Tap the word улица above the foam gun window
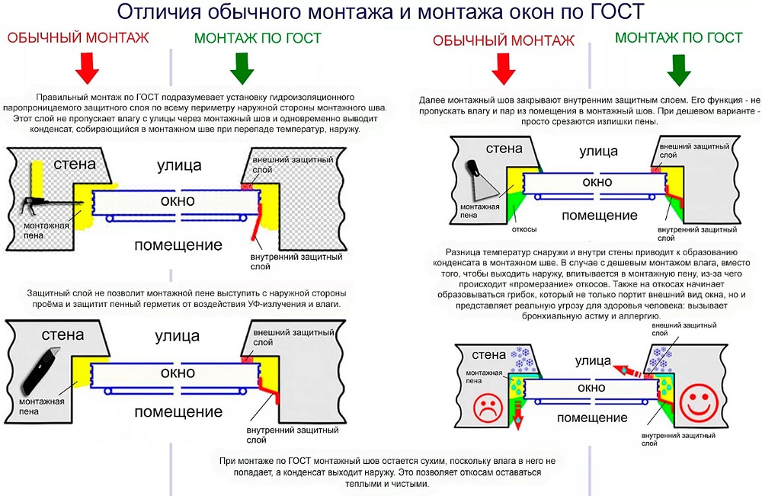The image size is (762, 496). [179, 165]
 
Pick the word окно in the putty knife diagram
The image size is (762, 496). [597, 182]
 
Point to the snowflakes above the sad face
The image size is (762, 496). [523, 357]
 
